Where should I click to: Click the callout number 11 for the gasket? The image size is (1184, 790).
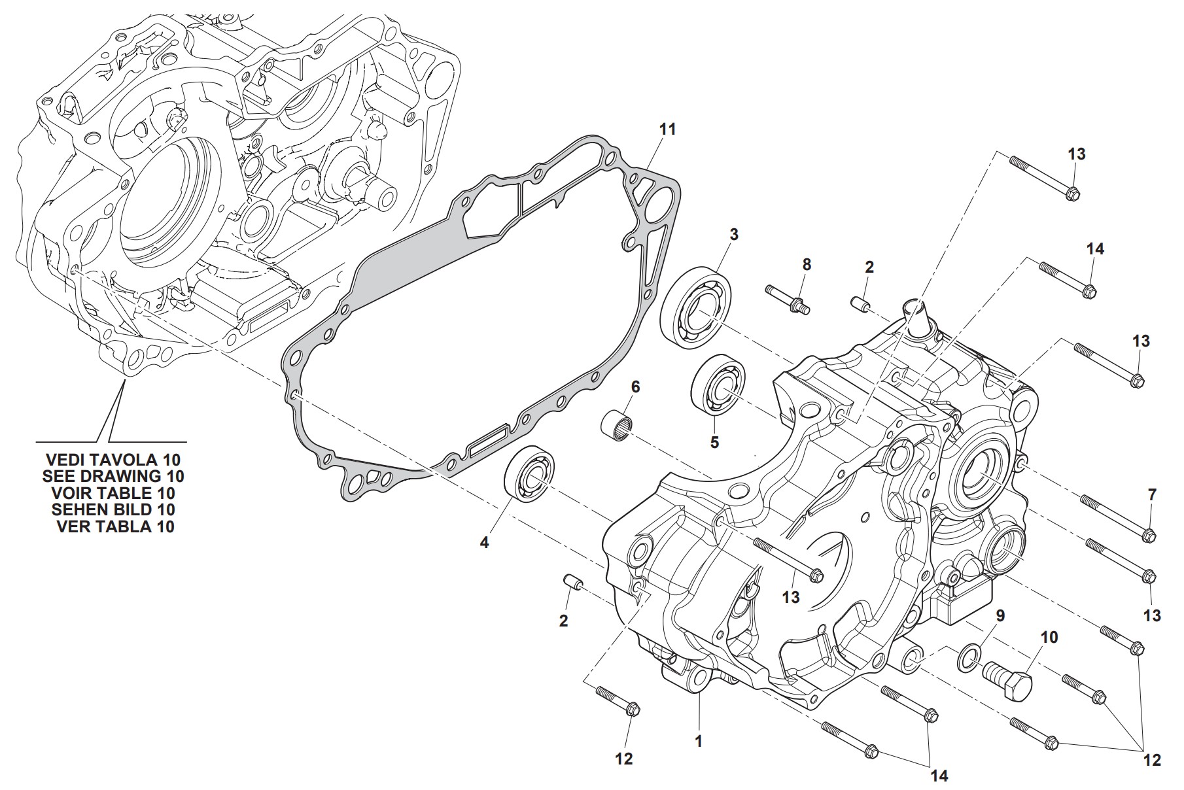pyautogui.click(x=667, y=129)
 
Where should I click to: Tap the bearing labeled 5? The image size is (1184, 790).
pyautogui.click(x=719, y=385)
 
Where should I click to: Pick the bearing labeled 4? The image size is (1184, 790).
pyautogui.click(x=529, y=475)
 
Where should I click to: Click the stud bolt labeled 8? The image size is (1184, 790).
pyautogui.click(x=787, y=300)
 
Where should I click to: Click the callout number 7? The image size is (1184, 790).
pyautogui.click(x=1152, y=495)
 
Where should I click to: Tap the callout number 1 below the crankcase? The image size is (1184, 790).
pyautogui.click(x=698, y=741)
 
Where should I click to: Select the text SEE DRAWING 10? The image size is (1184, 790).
pyautogui.click(x=113, y=475)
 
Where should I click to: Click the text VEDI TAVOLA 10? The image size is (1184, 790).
pyautogui.click(x=113, y=458)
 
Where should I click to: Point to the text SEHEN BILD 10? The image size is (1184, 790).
pyautogui.click(x=113, y=509)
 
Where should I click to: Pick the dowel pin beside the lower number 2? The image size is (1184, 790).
pyautogui.click(x=573, y=582)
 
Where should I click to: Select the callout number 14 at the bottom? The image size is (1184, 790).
pyautogui.click(x=939, y=776)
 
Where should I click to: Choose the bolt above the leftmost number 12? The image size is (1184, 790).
pyautogui.click(x=618, y=699)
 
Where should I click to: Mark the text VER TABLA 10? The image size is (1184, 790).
pyautogui.click(x=115, y=526)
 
